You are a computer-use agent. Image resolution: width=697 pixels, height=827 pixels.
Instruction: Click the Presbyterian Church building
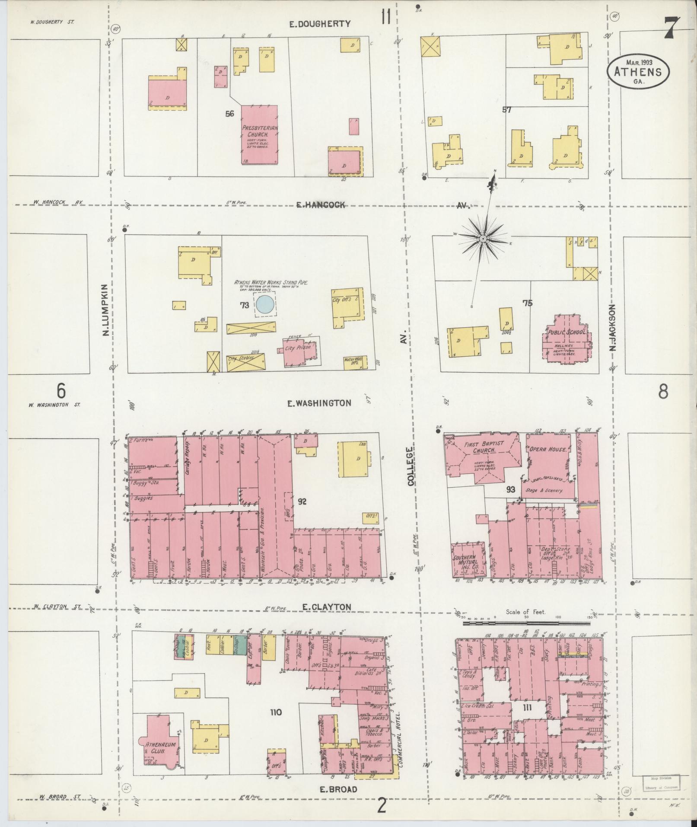(x=259, y=135)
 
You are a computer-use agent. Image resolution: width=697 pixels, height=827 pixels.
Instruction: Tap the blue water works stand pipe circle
(x=264, y=304)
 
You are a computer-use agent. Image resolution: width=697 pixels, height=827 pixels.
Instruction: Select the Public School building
(x=566, y=340)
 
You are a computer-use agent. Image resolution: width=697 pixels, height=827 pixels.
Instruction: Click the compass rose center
(x=483, y=238)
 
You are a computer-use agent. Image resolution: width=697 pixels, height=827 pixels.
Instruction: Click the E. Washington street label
(x=319, y=403)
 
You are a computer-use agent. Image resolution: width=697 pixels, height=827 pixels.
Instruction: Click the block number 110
(x=276, y=712)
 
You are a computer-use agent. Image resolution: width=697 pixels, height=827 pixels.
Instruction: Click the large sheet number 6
(x=61, y=391)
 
